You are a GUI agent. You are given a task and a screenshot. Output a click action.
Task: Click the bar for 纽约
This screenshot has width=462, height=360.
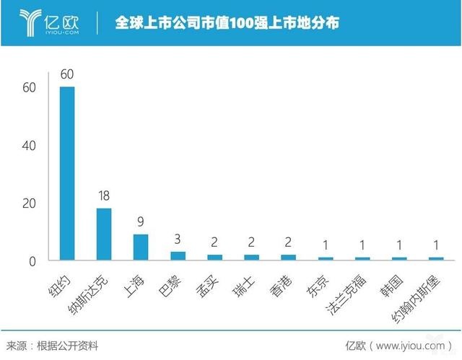pyautogui.click(x=66, y=173)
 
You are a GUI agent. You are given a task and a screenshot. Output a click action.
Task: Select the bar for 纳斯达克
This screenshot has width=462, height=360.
pyautogui.click(x=104, y=234)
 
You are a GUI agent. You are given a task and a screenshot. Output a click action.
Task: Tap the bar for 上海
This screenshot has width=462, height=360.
pyautogui.click(x=141, y=247)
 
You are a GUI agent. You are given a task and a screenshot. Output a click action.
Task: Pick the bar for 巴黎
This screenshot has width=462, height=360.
pyautogui.click(x=178, y=255)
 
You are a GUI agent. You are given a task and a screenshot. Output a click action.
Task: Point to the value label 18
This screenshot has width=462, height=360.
pyautogui.click(x=104, y=196)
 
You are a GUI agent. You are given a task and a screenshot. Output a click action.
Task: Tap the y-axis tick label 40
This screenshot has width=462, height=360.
pyautogui.click(x=28, y=145)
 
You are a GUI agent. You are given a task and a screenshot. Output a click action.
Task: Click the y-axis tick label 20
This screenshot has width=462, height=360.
pyautogui.click(x=28, y=203)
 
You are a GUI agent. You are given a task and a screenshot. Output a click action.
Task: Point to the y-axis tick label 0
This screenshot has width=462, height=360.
pyautogui.click(x=32, y=261)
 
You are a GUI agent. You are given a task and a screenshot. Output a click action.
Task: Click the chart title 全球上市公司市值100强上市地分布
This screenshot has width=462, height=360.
pyautogui.click(x=227, y=23)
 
